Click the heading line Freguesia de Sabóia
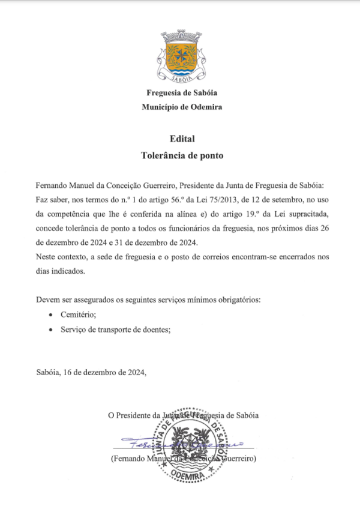click(182, 92)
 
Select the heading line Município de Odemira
click(182, 107)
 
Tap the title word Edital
click(182, 139)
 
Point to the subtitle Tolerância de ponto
click(182, 155)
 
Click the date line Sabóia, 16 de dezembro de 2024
click(91, 372)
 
